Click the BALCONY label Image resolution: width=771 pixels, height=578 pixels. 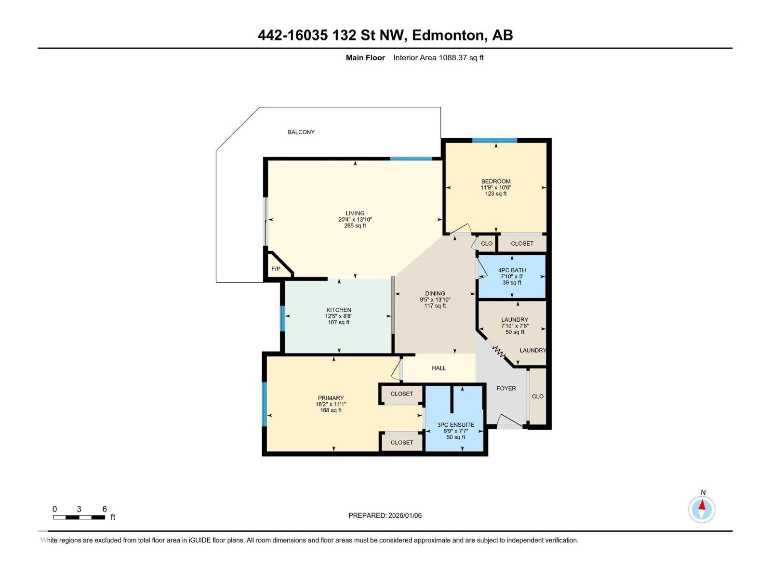click(x=301, y=132)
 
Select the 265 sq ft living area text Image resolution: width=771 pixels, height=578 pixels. click(x=355, y=225)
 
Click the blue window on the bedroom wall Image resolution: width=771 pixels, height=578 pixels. click(x=494, y=141)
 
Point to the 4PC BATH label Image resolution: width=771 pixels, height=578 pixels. click(x=512, y=270)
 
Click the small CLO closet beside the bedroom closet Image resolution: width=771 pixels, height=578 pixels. click(x=487, y=243)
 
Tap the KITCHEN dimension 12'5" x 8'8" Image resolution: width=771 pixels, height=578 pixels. click(x=339, y=316)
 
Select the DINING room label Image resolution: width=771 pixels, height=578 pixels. click(x=435, y=293)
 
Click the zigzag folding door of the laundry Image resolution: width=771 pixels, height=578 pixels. click(x=498, y=351)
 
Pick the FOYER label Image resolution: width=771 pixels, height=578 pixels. click(x=506, y=388)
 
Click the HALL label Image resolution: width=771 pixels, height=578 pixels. click(x=439, y=368)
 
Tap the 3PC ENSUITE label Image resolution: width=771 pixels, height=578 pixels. click(x=456, y=425)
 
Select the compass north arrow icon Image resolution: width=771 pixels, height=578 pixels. click(x=702, y=509)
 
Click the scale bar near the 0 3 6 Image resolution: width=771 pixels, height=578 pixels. click(x=79, y=517)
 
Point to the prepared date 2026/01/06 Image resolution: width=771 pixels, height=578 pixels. click(x=404, y=515)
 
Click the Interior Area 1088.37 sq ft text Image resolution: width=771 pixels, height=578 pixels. click(x=438, y=58)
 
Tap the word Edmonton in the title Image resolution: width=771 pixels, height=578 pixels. click(x=448, y=35)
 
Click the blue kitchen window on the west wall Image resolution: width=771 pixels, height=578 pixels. click(x=282, y=318)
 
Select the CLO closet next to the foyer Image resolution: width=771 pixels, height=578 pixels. click(x=538, y=396)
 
